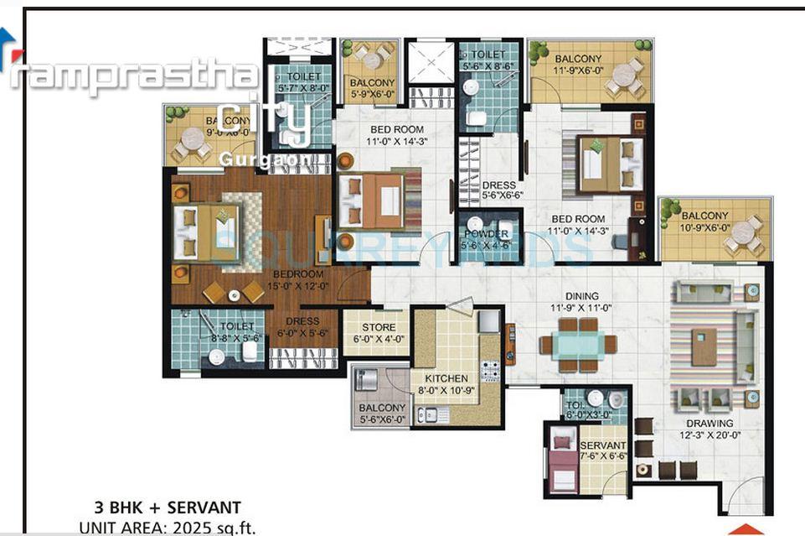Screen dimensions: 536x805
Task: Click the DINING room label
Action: [581, 296]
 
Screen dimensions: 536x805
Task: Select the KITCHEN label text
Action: [446, 379]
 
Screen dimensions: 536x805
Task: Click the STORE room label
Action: [378, 327]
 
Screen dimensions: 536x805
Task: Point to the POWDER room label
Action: [487, 235]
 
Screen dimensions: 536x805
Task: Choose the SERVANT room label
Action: [603, 445]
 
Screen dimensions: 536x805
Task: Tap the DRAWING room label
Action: [709, 424]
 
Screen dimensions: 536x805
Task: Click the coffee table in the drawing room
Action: [704, 346]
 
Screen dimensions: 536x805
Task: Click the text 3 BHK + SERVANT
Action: [168, 507]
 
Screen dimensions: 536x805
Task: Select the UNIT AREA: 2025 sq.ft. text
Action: [168, 528]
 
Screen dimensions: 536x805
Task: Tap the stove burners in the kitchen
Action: [490, 369]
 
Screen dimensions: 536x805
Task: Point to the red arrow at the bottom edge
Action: [745, 529]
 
